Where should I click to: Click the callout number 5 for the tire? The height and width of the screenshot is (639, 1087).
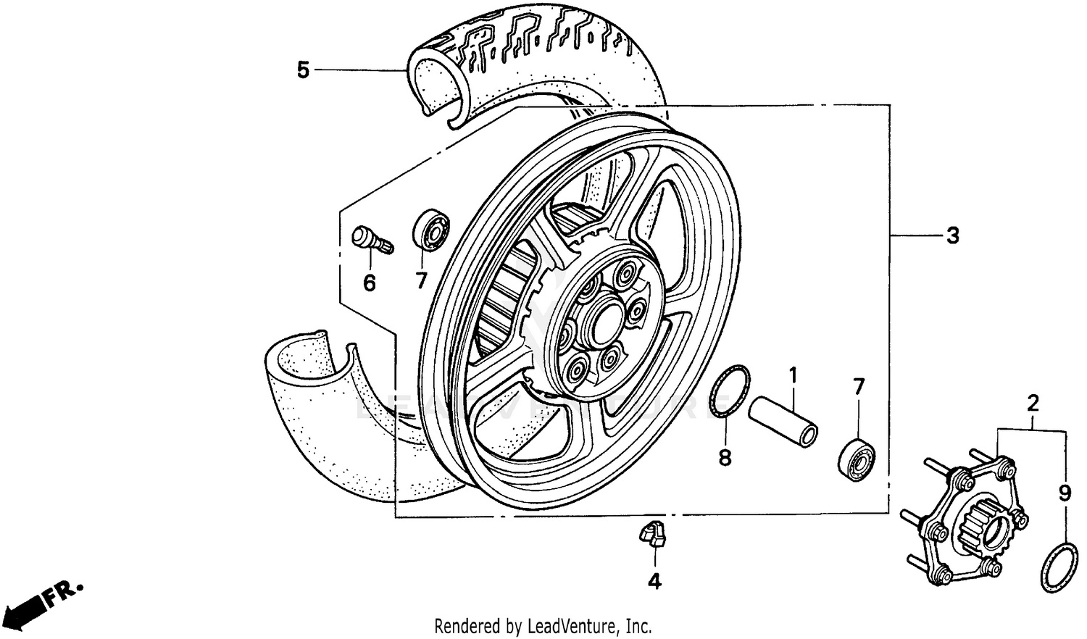(x=303, y=70)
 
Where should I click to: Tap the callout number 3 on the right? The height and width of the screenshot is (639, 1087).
(x=953, y=235)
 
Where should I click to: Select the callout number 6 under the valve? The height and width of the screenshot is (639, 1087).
(x=370, y=283)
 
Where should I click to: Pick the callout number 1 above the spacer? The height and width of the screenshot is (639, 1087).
(x=793, y=375)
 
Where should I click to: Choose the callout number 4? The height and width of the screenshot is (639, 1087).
(x=654, y=581)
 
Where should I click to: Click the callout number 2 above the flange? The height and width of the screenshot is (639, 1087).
(x=1033, y=403)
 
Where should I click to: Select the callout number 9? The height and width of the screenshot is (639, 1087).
(x=1065, y=493)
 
